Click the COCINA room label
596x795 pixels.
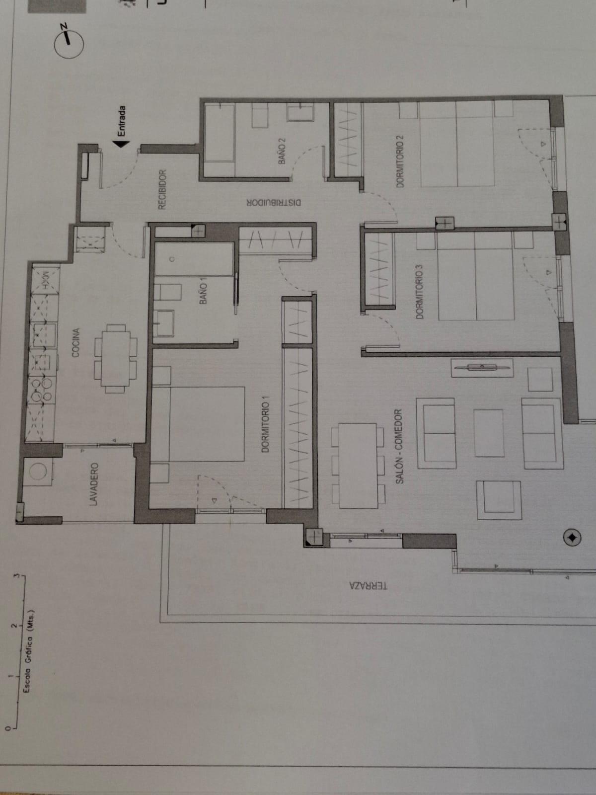[75, 343]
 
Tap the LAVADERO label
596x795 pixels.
[94, 484]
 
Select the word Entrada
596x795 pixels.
[122, 121]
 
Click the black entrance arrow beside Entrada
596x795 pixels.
[122, 144]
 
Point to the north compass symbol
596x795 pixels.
[69, 42]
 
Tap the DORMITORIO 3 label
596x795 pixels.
[419, 292]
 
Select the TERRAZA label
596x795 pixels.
[368, 586]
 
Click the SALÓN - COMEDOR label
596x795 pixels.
[399, 447]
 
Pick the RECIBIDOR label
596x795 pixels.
[162, 189]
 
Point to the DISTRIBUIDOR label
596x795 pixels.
[274, 202]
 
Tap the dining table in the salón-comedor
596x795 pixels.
[358, 466]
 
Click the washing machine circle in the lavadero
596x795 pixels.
[38, 471]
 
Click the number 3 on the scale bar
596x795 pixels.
[15, 574]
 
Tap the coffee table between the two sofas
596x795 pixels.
[489, 433]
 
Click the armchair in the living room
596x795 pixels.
[499, 500]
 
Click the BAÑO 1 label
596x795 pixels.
[204, 293]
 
